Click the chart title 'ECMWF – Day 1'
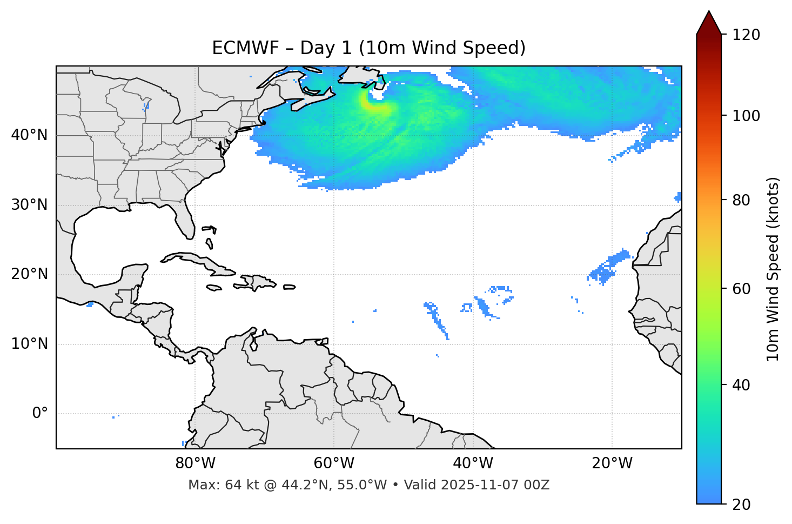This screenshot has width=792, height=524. (x=368, y=48)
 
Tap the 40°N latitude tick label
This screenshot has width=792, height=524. (x=29, y=135)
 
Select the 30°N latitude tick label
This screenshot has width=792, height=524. (x=29, y=205)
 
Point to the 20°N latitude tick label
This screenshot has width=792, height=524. (x=29, y=274)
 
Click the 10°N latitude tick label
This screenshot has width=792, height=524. (x=29, y=344)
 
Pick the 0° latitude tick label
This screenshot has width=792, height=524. (x=40, y=414)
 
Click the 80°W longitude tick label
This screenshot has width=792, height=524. (x=195, y=463)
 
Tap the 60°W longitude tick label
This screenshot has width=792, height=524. (x=334, y=463)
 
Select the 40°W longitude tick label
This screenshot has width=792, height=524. (x=473, y=463)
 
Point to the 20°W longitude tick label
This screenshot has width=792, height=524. (x=612, y=463)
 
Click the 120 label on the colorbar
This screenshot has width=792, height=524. (x=746, y=35)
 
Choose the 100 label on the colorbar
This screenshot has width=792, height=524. (x=746, y=116)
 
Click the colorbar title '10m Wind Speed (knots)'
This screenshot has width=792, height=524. (x=773, y=269)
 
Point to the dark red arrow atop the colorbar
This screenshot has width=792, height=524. (x=709, y=23)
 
